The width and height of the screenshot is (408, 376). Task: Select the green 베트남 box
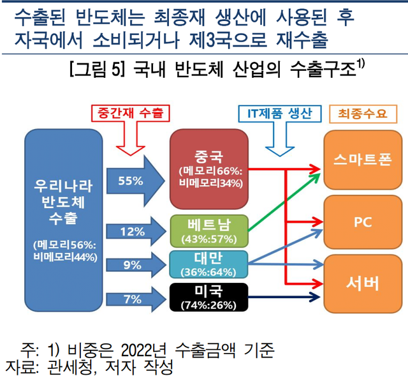pyautogui.click(x=209, y=230)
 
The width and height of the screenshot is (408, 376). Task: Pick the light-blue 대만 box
pyautogui.click(x=209, y=263)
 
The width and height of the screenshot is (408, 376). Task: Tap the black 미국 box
pyautogui.click(x=209, y=297)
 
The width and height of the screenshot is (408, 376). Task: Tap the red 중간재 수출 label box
pyautogui.click(x=131, y=114)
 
